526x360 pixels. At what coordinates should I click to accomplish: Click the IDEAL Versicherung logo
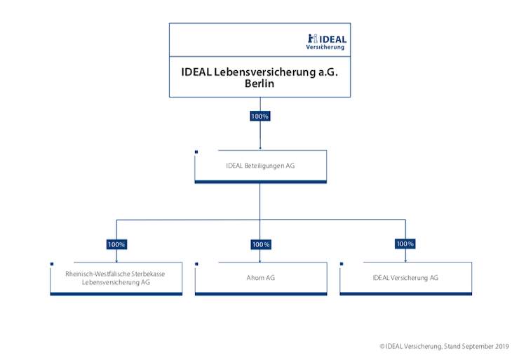326,42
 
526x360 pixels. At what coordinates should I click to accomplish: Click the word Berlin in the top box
259,84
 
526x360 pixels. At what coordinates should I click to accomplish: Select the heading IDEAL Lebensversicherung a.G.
259,72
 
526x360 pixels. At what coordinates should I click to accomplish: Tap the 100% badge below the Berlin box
260,116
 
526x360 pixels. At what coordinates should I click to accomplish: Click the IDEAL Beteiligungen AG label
260,166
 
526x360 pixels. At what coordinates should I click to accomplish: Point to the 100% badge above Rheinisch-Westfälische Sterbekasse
116,244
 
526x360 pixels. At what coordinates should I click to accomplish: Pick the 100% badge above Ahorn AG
261,244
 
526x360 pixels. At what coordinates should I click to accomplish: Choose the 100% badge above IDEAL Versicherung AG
405,244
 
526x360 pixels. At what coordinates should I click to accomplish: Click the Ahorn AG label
261,278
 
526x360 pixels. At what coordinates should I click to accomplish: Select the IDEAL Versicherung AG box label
405,278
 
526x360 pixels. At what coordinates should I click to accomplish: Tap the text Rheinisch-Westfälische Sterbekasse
115,274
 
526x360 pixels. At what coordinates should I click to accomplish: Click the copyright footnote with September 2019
444,346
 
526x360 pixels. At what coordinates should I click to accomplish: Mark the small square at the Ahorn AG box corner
196,264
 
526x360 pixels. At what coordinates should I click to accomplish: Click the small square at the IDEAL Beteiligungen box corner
196,152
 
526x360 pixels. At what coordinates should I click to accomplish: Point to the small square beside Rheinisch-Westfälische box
52,264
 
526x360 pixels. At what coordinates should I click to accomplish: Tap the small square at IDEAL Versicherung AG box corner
342,264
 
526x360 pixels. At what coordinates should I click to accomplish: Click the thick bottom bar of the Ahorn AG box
261,294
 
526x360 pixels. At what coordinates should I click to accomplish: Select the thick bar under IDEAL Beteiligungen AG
261,182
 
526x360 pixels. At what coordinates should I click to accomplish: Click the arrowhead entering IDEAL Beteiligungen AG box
260,148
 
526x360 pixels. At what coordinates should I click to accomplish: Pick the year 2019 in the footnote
502,346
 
